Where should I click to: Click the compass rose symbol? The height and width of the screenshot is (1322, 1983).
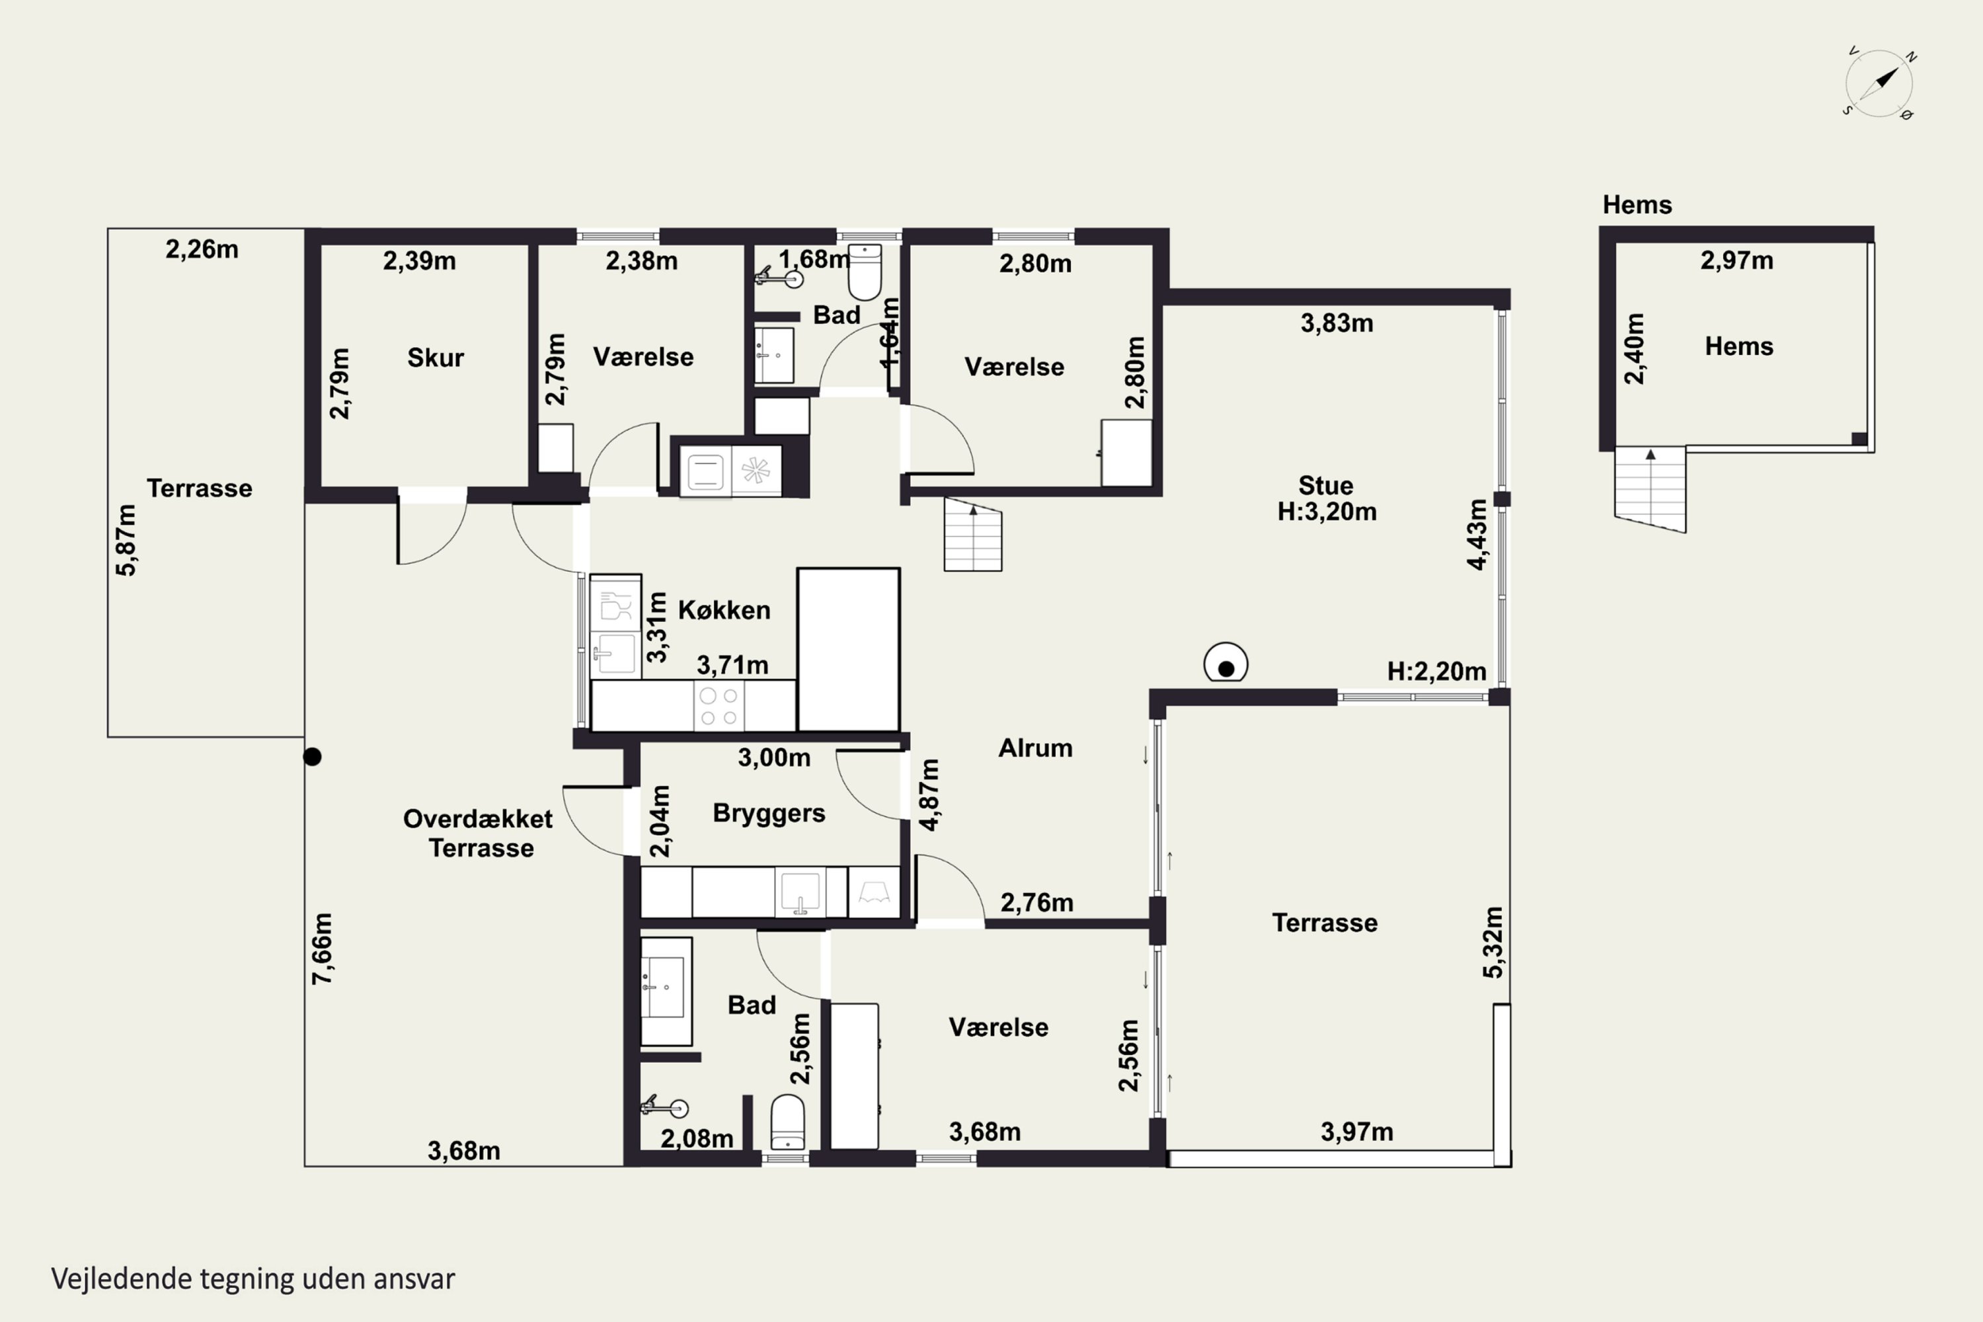[1879, 83]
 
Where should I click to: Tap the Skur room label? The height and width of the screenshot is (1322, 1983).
[435, 358]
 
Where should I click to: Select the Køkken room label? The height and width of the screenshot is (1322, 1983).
[724, 609]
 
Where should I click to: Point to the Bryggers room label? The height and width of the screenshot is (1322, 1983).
[769, 813]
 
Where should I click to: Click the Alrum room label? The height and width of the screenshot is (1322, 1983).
[1035, 748]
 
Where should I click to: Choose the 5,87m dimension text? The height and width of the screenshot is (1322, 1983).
[126, 539]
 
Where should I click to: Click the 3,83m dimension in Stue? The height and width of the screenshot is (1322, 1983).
[1337, 323]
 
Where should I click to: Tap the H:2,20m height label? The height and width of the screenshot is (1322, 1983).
[1436, 671]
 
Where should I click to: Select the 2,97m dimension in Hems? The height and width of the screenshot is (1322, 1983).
[1737, 260]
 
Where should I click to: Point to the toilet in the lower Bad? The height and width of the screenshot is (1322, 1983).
[787, 1122]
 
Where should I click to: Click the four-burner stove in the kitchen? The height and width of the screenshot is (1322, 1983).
[719, 707]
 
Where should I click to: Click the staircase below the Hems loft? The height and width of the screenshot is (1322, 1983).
[1650, 489]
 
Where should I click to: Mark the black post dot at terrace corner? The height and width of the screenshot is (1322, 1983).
[313, 757]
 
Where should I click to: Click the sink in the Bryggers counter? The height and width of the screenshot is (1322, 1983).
[800, 892]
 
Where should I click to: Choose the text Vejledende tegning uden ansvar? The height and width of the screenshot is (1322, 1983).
[253, 1279]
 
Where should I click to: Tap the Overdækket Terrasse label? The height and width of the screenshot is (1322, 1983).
[479, 833]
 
